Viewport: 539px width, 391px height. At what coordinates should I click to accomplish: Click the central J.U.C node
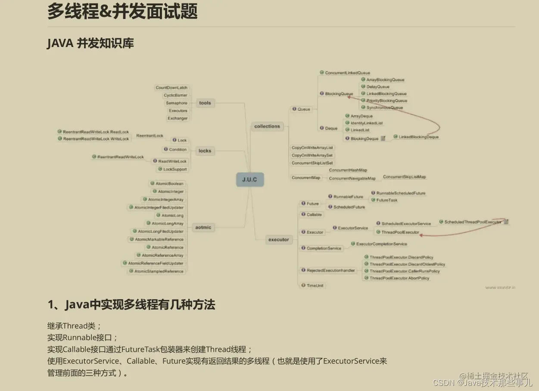(249, 179)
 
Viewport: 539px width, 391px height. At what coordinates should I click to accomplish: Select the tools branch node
(205, 103)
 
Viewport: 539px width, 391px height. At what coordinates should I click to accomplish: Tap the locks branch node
(205, 151)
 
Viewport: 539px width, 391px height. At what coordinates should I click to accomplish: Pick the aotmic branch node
(203, 227)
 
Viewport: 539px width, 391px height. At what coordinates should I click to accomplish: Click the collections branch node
(267, 126)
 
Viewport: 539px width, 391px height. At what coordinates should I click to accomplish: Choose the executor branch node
(279, 240)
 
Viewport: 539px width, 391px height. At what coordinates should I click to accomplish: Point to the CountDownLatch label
(171, 88)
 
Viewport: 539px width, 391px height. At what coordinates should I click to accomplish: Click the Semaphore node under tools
(177, 103)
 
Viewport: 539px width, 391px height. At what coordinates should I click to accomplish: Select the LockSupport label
(175, 169)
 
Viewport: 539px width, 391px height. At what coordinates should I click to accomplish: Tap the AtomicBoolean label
(169, 184)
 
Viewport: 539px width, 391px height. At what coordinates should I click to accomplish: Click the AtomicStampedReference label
(159, 271)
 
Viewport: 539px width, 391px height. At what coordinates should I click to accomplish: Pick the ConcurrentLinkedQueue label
(347, 73)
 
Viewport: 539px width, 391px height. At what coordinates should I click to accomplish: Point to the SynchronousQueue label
(385, 107)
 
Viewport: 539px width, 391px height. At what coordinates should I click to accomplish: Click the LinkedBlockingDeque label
(418, 137)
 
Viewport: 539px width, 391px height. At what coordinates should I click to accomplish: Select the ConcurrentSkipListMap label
(404, 177)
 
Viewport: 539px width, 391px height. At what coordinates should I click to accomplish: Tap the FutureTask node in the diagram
(387, 200)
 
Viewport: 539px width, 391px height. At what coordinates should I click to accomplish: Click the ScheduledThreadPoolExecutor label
(473, 222)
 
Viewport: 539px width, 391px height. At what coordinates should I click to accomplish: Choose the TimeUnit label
(315, 285)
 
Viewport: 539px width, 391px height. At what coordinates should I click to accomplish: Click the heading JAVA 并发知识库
(90, 44)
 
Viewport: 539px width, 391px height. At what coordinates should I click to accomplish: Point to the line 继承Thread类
(74, 326)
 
